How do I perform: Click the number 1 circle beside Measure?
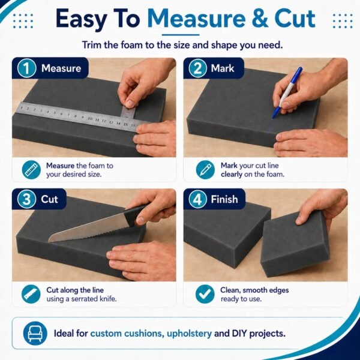(x=26, y=68)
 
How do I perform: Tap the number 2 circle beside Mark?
(x=197, y=68)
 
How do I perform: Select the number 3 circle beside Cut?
(x=26, y=199)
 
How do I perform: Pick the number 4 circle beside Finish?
(x=197, y=199)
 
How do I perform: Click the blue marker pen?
(x=287, y=92)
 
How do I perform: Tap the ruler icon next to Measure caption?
(x=31, y=170)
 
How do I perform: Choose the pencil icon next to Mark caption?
(x=205, y=170)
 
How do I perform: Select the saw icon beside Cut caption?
(x=31, y=294)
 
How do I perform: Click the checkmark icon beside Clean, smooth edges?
(x=205, y=294)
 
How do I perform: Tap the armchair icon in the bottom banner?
(x=35, y=334)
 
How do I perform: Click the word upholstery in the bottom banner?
(x=189, y=334)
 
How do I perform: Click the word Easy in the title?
(x=81, y=19)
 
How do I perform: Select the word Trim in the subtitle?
(x=92, y=45)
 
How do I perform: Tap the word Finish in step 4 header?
(x=224, y=199)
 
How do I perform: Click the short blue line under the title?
(x=181, y=35)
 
